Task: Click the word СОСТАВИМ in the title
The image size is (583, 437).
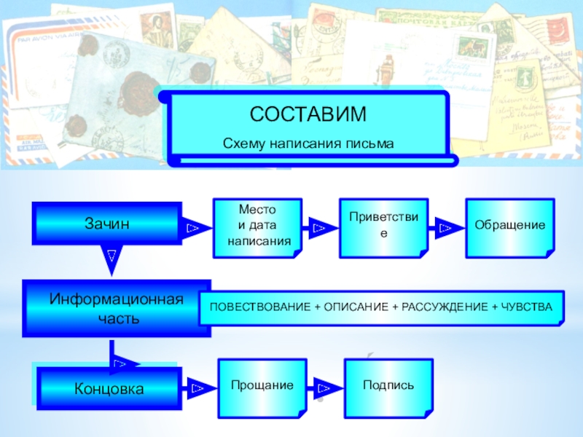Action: coord(308,114)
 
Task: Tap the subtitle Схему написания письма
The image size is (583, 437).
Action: coord(308,144)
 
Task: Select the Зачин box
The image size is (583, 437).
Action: coord(107,224)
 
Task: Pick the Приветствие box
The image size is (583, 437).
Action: coord(383,227)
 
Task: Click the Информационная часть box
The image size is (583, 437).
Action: coord(116,309)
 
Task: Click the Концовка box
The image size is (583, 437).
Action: coord(109,389)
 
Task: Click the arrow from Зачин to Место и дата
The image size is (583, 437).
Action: coord(193,229)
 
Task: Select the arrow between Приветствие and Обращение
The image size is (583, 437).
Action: coord(445,229)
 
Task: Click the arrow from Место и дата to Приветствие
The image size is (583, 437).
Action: coord(319,229)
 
